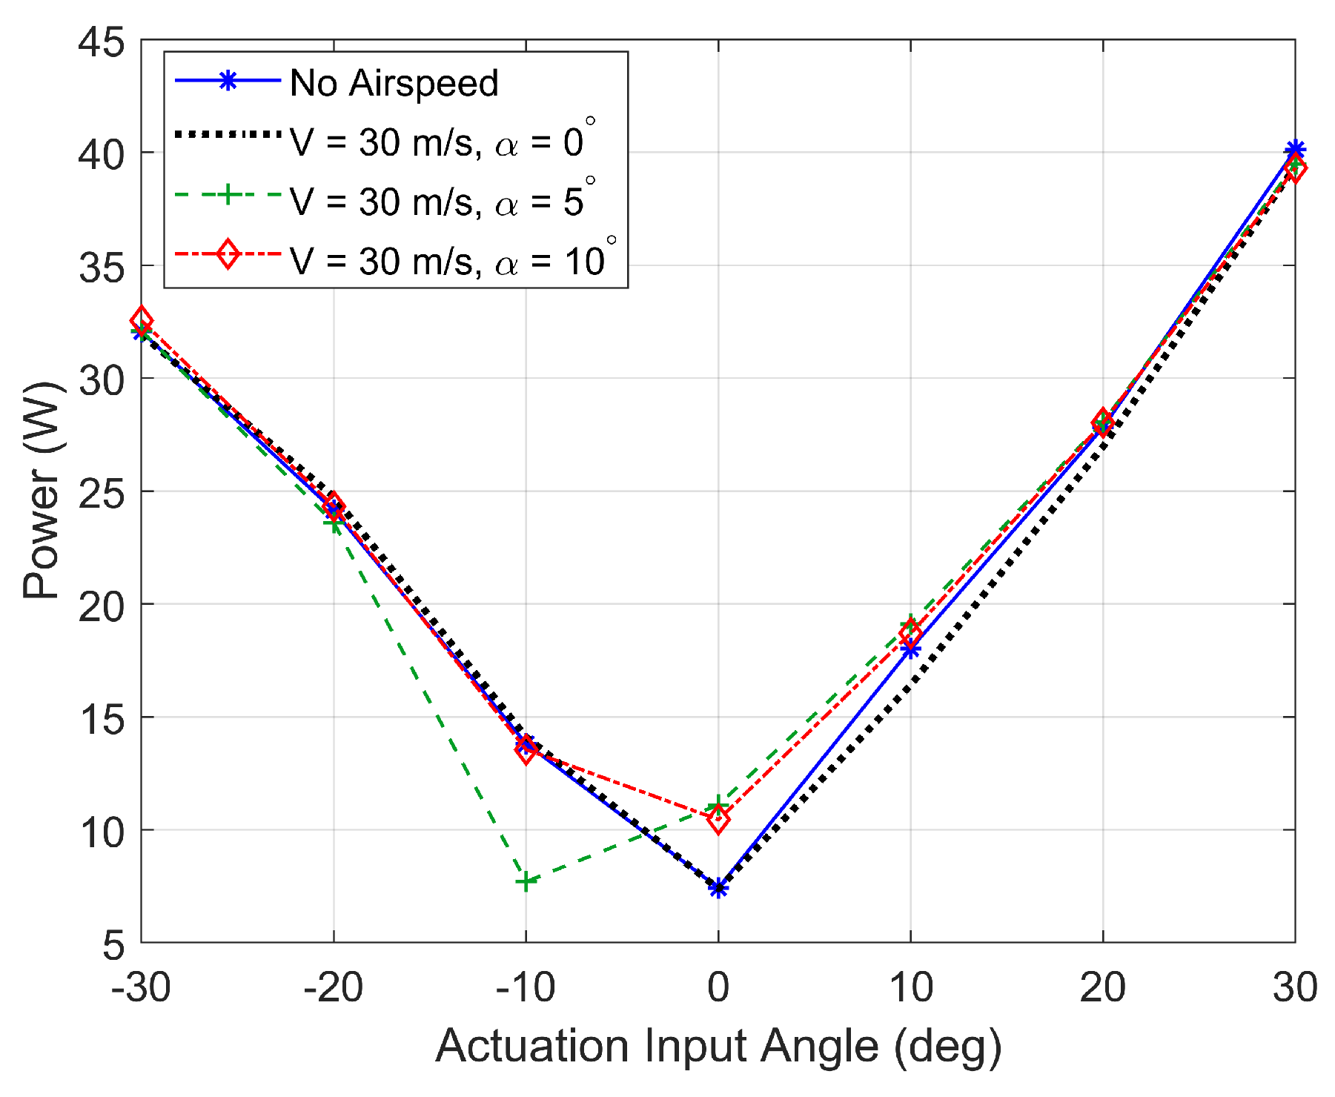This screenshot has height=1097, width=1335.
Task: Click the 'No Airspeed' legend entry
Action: (394, 82)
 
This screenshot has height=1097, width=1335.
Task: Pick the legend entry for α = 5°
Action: (441, 201)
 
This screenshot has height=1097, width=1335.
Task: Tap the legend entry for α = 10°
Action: (452, 261)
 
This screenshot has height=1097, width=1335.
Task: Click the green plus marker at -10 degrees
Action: (526, 881)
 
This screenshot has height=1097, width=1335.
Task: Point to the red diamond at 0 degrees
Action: (718, 819)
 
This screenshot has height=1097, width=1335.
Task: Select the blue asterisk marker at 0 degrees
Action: (718, 888)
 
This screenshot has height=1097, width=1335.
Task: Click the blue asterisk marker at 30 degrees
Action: (1294, 150)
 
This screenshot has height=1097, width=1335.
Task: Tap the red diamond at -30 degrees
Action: (142, 321)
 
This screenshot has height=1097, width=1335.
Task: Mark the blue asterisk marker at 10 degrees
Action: (910, 649)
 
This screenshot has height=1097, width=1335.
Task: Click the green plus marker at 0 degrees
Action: (718, 805)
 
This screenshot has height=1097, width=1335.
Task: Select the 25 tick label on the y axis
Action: (102, 491)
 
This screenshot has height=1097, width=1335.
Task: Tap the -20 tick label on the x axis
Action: (333, 987)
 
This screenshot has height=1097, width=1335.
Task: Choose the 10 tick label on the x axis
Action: (910, 987)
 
